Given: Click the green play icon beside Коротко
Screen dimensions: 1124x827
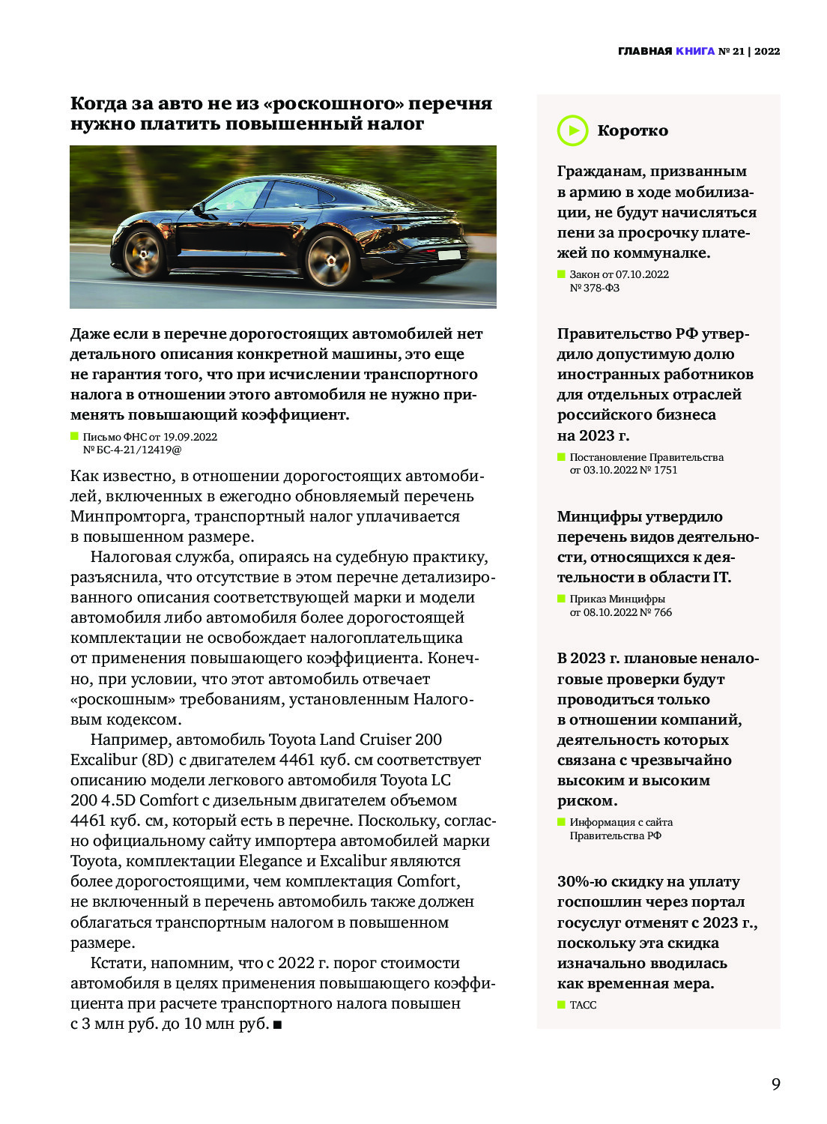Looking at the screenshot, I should pyautogui.click(x=572, y=130).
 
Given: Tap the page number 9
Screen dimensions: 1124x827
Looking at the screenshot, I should pyautogui.click(x=776, y=1084).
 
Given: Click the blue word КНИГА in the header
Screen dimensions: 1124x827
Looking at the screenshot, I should pyautogui.click(x=695, y=51).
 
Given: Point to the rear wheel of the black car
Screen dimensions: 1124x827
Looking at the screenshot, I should pyautogui.click(x=330, y=260).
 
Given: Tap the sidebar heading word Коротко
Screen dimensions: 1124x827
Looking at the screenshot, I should pyautogui.click(x=632, y=130).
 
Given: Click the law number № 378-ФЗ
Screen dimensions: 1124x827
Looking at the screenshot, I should pyautogui.click(x=595, y=288).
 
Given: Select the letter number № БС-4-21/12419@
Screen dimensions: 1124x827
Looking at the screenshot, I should pyautogui.click(x=132, y=450).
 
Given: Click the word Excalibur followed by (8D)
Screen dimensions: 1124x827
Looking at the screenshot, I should pyautogui.click(x=103, y=760).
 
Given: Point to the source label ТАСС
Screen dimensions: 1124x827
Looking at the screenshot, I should pyautogui.click(x=583, y=1005).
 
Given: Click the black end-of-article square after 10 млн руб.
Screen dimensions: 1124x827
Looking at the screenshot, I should pyautogui.click(x=277, y=1024).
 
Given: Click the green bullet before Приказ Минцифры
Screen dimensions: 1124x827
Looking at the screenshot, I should pyautogui.click(x=561, y=599).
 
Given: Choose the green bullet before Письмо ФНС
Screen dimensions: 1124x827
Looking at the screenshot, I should pyautogui.click(x=74, y=436).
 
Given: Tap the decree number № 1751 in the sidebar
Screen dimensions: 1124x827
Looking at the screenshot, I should pyautogui.click(x=659, y=470).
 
